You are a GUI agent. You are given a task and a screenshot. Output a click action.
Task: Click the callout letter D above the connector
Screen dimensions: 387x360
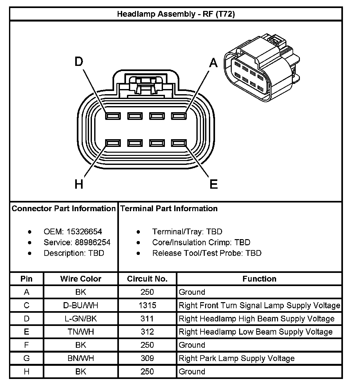79,61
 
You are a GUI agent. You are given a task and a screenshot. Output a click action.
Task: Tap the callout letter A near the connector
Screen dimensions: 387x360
214,63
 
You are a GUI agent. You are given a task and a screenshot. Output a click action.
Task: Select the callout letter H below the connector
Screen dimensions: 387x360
79,184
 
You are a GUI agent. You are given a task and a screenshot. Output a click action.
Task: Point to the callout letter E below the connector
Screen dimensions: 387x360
214,184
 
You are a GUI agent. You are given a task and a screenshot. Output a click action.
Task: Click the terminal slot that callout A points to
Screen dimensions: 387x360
179,116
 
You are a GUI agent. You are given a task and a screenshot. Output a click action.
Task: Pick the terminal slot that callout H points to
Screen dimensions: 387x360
113,143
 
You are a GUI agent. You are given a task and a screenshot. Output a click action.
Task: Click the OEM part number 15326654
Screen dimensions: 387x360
84,232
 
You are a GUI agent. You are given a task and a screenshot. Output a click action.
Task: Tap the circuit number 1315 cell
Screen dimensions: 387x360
147,305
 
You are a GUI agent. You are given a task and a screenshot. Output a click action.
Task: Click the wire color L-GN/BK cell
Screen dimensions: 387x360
81,319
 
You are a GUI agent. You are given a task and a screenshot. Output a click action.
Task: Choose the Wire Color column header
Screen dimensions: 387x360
81,279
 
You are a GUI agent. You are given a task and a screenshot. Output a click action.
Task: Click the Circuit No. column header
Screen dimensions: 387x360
147,279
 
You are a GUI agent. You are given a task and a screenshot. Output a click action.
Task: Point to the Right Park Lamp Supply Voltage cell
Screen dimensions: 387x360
237,358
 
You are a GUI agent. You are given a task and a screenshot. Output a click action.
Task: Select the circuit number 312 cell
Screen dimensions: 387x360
147,332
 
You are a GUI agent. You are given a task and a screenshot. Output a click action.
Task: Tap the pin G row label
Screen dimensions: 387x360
27,358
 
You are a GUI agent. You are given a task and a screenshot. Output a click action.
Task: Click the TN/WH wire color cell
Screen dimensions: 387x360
81,332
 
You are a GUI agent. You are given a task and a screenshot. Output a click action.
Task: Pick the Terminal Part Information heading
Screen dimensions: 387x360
169,209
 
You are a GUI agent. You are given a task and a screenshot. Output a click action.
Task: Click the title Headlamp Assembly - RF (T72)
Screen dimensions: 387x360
176,14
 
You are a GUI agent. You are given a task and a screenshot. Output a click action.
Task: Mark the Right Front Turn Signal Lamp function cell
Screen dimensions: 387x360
259,305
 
